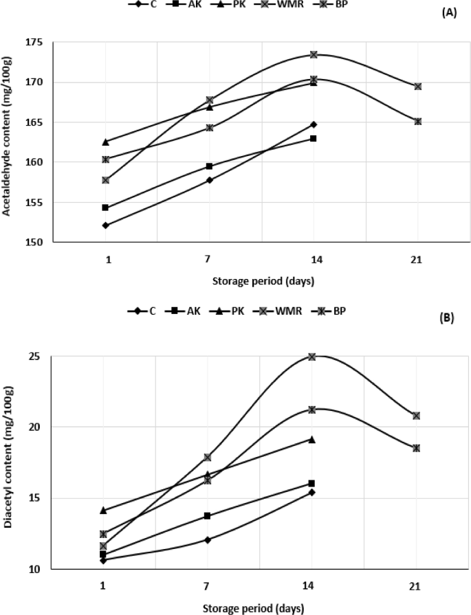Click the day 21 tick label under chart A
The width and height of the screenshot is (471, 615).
coord(416,260)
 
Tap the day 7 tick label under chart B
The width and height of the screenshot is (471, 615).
coord(208,585)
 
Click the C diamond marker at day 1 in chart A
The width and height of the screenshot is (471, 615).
coord(105,225)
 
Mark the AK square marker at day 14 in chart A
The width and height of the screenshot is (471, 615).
coord(313,139)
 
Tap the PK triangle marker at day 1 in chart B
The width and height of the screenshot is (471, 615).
coord(104,511)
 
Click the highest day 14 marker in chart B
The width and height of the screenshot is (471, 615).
coord(312,357)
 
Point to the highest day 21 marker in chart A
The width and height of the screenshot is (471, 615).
coord(417,87)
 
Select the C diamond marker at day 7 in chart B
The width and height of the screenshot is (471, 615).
coord(208,539)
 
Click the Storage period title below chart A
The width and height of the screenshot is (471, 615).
coord(260,281)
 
